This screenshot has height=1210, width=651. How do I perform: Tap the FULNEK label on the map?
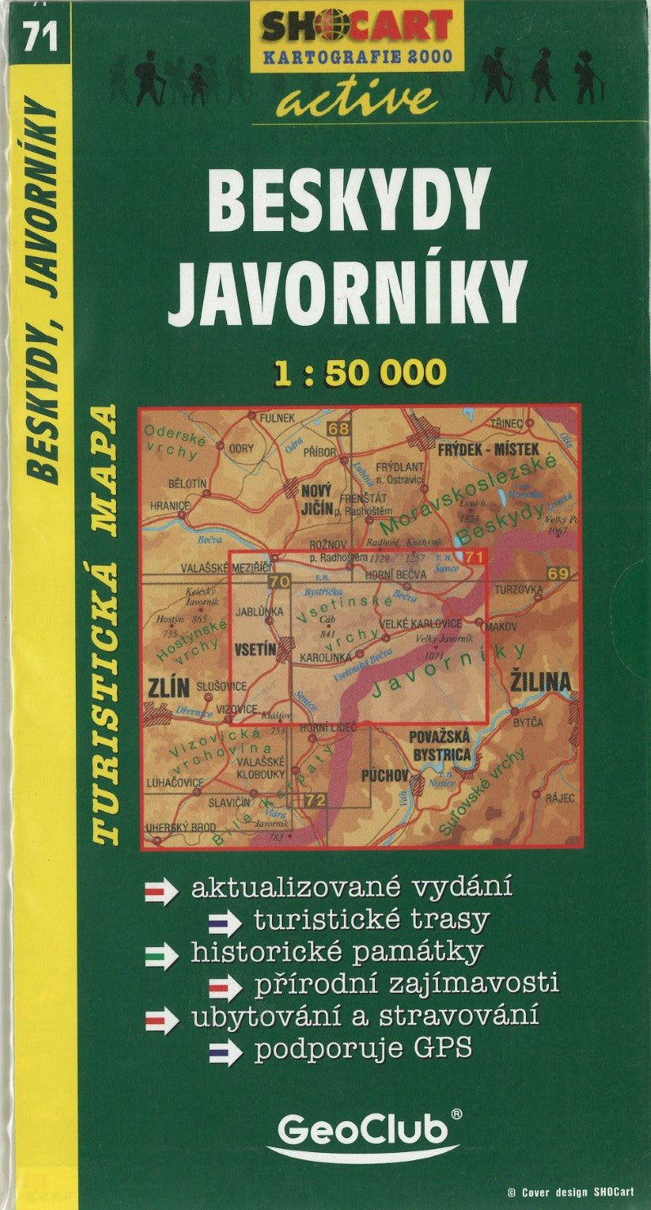pyautogui.click(x=276, y=418)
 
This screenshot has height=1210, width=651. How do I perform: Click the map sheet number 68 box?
pyautogui.click(x=339, y=429)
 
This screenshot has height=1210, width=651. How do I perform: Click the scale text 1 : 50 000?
pyautogui.click(x=360, y=372)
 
